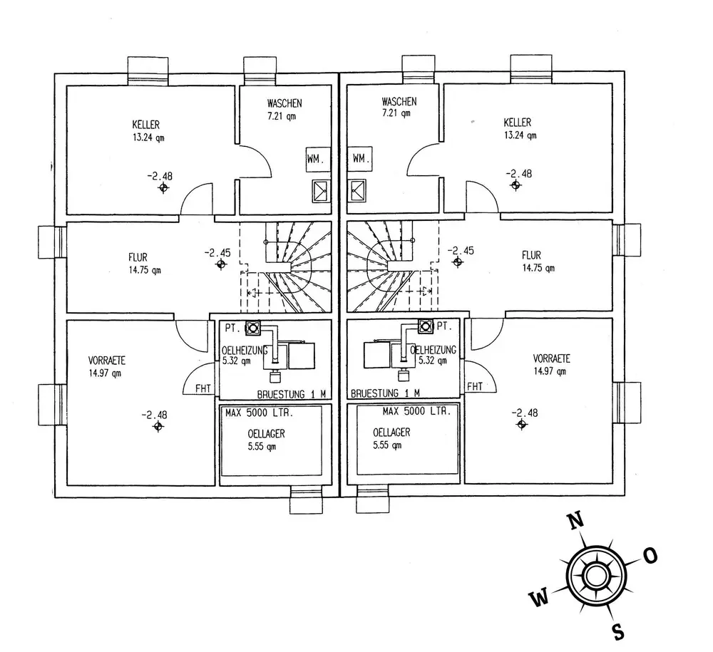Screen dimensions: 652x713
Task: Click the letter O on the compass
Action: (x=650, y=556)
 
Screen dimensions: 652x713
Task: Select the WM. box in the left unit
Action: (x=315, y=160)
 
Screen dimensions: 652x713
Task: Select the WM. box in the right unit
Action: (x=361, y=158)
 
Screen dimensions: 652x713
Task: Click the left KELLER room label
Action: (x=145, y=124)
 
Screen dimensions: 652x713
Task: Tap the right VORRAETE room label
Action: (x=551, y=358)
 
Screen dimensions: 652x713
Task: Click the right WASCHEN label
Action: (x=399, y=102)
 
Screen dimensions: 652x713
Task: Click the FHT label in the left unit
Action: (x=203, y=388)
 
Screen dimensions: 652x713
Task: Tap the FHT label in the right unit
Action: (x=475, y=387)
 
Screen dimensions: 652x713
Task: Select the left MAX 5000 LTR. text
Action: (x=260, y=413)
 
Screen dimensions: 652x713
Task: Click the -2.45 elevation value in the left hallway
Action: (x=218, y=252)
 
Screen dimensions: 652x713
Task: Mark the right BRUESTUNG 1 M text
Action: (x=386, y=393)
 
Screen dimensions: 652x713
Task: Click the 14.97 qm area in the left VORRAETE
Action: (x=106, y=371)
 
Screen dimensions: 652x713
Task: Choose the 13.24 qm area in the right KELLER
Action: (x=520, y=135)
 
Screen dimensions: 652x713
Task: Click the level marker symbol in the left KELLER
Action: (x=164, y=188)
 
